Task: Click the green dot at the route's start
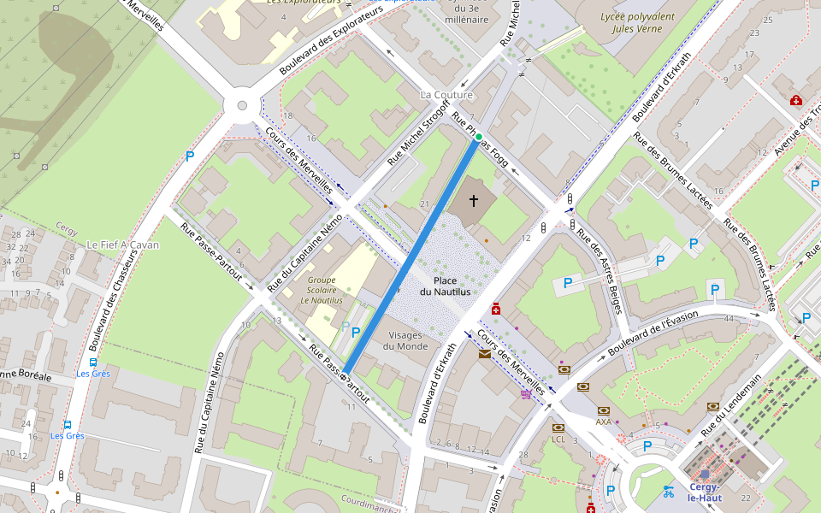pos(479,137)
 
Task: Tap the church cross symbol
pos(473,200)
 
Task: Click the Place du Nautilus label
pos(445,286)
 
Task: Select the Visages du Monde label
pos(405,340)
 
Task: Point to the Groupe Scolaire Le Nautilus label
pos(322,290)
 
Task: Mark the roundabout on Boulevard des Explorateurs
pos(241,107)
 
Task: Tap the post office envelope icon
pos(485,353)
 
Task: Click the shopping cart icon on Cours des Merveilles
pos(525,394)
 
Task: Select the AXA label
pos(604,422)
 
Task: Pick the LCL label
pos(558,439)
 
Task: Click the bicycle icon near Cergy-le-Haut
pos(668,491)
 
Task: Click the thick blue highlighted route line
pos(410,256)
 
